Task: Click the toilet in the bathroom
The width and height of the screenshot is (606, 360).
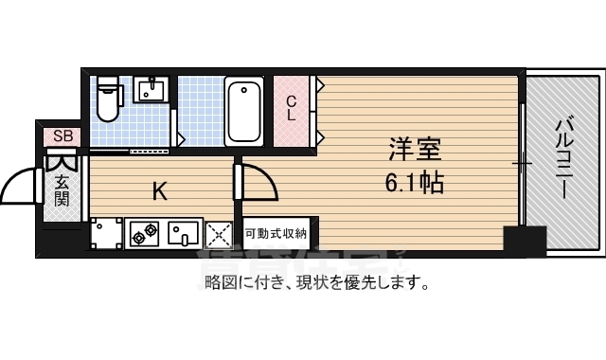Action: click(109, 99)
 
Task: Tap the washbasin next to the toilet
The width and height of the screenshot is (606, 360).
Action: click(151, 91)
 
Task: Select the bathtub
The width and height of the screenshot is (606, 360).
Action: click(244, 110)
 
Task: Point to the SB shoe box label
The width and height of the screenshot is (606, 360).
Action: click(62, 135)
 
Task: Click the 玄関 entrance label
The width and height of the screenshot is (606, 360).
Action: click(62, 189)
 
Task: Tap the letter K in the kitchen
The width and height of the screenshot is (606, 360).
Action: click(160, 191)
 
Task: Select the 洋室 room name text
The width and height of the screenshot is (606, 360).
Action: click(414, 150)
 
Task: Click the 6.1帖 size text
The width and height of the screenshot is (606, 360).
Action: click(414, 181)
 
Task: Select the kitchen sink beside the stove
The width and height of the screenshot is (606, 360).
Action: click(183, 231)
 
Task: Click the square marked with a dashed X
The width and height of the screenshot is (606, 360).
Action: click(219, 233)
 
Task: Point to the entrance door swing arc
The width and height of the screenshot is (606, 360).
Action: click(21, 184)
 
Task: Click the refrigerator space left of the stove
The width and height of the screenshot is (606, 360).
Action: click(107, 232)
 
